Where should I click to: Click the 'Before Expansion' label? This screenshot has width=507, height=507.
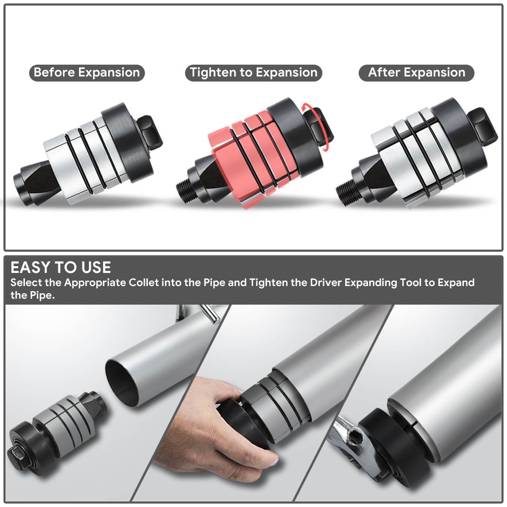[x=87, y=73]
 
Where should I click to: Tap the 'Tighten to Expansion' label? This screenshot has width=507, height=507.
[x=253, y=73]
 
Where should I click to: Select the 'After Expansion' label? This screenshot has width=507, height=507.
[x=417, y=73]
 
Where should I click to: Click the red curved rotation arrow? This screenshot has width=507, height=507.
[x=317, y=126]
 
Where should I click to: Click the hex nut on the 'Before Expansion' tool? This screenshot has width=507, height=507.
[x=150, y=133]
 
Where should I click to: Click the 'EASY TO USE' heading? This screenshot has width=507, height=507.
[x=60, y=267]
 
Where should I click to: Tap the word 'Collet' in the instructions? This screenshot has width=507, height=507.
[x=144, y=283]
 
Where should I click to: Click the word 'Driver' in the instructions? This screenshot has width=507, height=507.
[x=326, y=283]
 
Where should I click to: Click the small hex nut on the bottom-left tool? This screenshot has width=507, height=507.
[x=16, y=453]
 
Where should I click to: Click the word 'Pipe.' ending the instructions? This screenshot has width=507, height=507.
[x=42, y=295]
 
